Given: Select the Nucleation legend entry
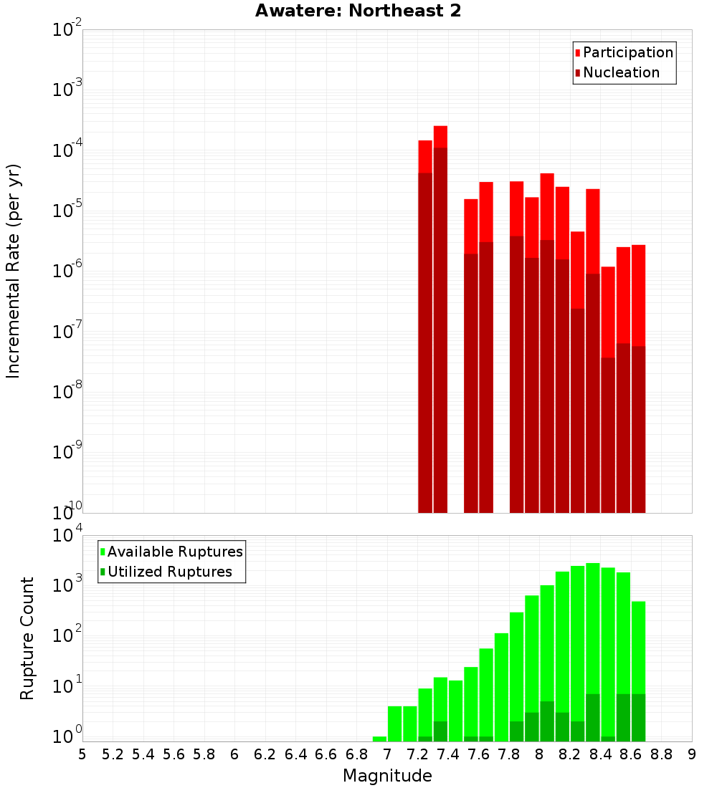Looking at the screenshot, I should point(621,72).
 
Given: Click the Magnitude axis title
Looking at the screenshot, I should point(387,775).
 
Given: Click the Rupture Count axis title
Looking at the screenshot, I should point(27,638).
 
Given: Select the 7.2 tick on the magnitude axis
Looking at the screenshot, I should point(418,754).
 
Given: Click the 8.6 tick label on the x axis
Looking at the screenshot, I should point(631,754).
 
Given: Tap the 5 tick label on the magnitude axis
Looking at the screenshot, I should point(82,754).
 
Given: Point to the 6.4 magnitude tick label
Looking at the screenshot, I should point(295,754).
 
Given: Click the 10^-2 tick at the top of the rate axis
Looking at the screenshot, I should point(67,30).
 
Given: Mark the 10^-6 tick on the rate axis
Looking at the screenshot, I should point(67,272).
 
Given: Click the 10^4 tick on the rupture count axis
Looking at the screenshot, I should point(67,536).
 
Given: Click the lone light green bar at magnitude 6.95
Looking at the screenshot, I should point(380,739).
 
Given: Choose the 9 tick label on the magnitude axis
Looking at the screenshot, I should point(692,754).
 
